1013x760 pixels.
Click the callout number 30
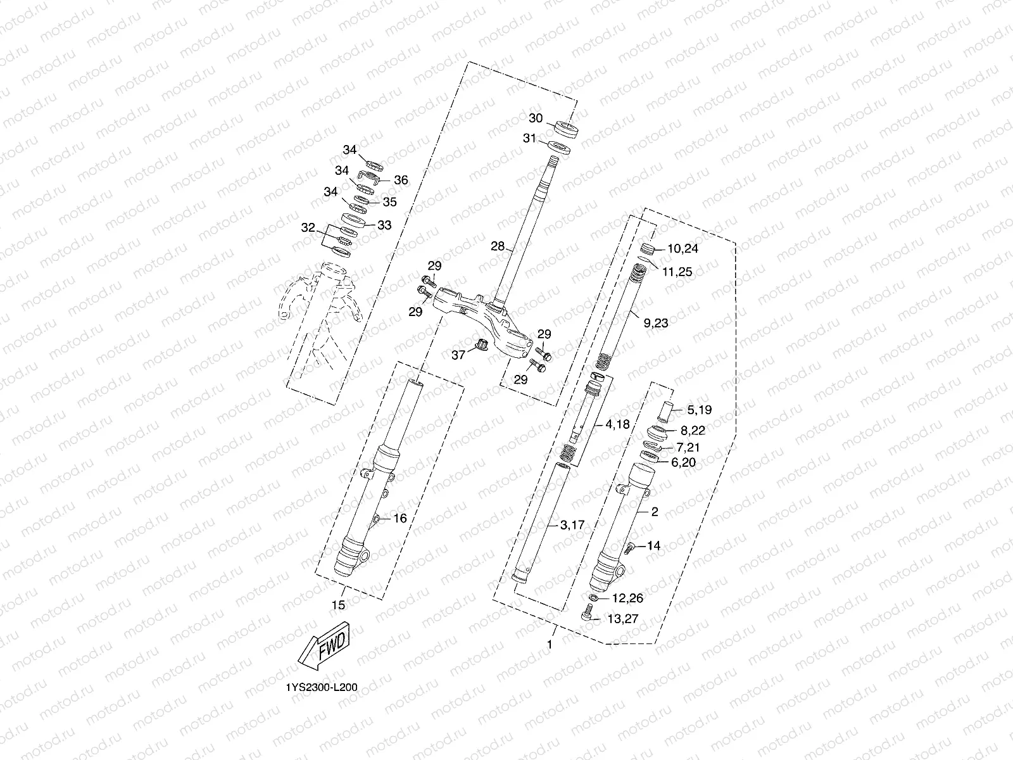click(x=536, y=118)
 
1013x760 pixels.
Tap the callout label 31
click(x=530, y=139)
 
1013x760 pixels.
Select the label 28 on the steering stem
click(x=498, y=246)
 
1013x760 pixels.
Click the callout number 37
click(x=458, y=355)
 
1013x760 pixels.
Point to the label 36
click(x=401, y=180)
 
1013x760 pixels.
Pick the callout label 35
click(x=389, y=202)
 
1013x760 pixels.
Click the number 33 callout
click(x=384, y=225)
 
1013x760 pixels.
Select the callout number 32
click(x=308, y=227)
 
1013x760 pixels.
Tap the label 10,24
click(x=682, y=249)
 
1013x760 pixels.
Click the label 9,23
click(x=655, y=323)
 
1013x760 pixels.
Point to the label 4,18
click(x=617, y=424)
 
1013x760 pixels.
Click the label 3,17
click(x=572, y=524)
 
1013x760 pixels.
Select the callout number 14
click(x=653, y=545)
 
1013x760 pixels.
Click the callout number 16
click(x=400, y=518)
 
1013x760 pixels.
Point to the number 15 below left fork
click(x=339, y=605)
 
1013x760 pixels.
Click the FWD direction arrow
click(x=323, y=646)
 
